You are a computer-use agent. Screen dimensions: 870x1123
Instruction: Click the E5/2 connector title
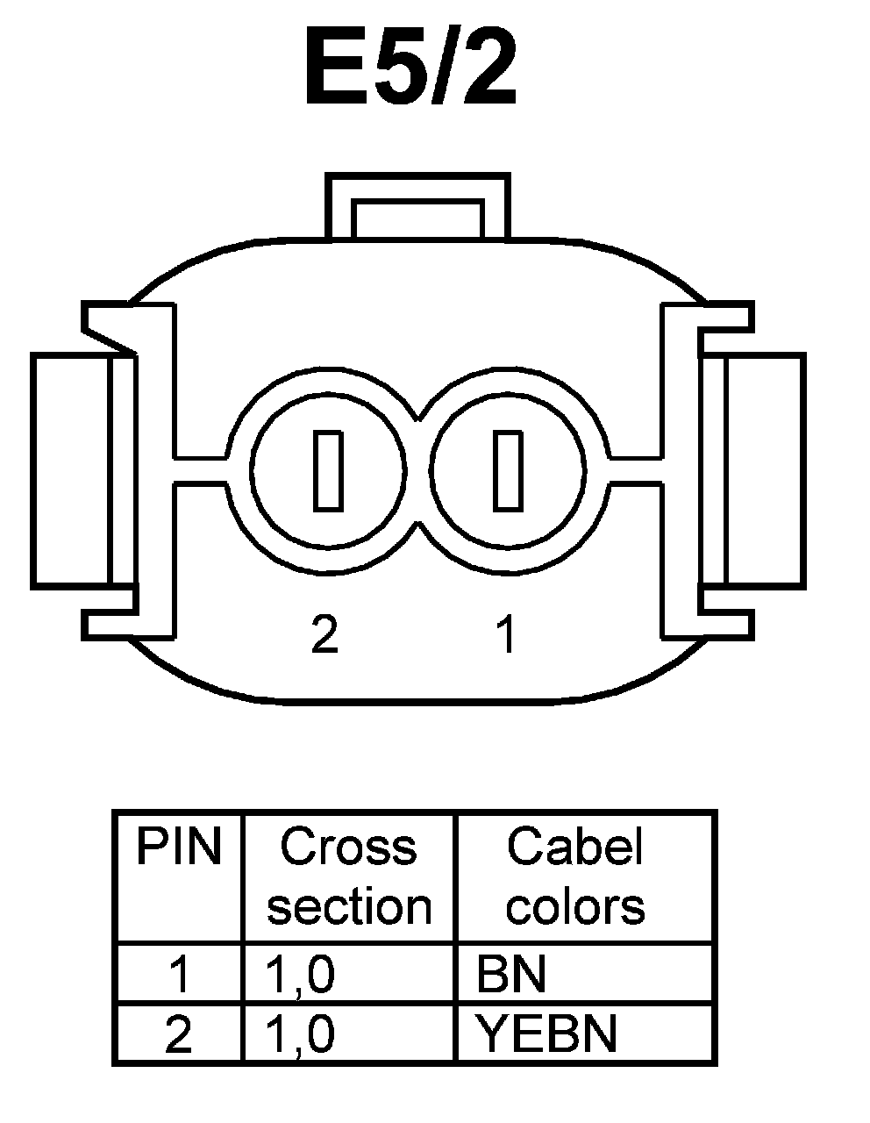coord(410,68)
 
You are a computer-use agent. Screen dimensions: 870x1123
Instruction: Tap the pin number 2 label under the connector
coord(324,633)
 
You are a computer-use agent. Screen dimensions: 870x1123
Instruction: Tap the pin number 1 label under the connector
coord(505,633)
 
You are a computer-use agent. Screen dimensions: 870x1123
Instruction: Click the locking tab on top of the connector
coord(417,206)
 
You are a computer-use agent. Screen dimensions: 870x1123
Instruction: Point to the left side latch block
coord(70,469)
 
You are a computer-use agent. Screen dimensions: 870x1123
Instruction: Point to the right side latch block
coord(763,469)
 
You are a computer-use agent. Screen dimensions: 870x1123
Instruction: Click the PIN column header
coord(178,848)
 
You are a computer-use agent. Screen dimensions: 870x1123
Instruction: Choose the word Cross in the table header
coord(348,848)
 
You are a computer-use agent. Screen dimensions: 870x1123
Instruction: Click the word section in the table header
coord(349,907)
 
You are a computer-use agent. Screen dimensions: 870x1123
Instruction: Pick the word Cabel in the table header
coord(574,848)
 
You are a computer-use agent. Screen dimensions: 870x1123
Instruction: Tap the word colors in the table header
coord(575,907)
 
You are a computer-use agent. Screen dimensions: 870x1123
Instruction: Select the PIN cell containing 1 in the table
coord(178,974)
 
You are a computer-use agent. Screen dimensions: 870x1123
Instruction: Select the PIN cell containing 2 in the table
coord(178,1034)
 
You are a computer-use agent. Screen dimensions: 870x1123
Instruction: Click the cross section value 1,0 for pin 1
coord(301,974)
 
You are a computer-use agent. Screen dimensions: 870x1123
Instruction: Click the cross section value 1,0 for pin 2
coord(301,1034)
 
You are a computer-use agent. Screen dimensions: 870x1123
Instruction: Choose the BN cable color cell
coord(510,974)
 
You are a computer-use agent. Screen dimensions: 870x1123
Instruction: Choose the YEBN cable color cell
coord(546,1034)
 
